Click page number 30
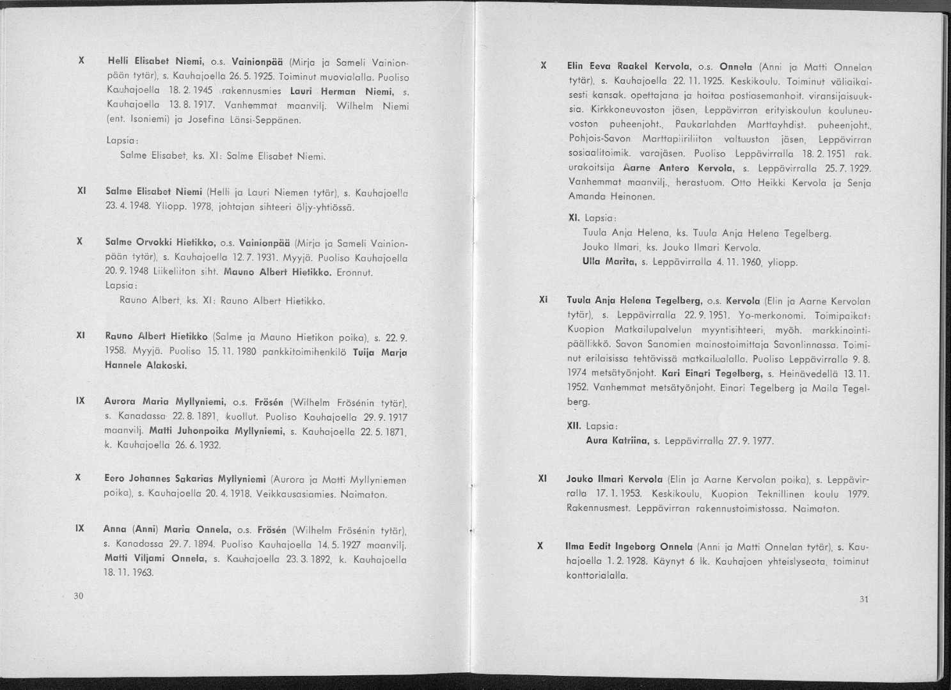coord(78,596)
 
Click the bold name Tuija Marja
coord(381,352)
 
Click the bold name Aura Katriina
coord(617,441)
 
